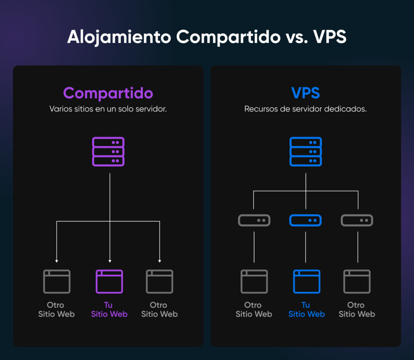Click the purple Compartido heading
pyautogui.click(x=108, y=93)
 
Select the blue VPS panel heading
pyautogui.click(x=305, y=93)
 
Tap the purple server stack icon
pyautogui.click(x=108, y=152)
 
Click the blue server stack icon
pyautogui.click(x=306, y=152)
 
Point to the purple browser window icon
pyautogui.click(x=109, y=282)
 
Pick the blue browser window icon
pyautogui.click(x=306, y=282)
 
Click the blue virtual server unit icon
pyautogui.click(x=306, y=220)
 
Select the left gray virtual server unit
pyautogui.click(x=254, y=220)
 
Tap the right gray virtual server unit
pyautogui.click(x=357, y=220)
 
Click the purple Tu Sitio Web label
pyautogui.click(x=109, y=309)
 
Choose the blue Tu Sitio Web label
pyautogui.click(x=306, y=309)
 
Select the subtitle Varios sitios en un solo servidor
pyautogui.click(x=108, y=109)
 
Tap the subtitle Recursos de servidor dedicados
pyautogui.click(x=305, y=109)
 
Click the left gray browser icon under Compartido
pyautogui.click(x=57, y=282)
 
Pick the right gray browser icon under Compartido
pyautogui.click(x=159, y=282)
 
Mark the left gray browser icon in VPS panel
pyautogui.click(x=254, y=282)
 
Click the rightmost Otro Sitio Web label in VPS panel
pyautogui.click(x=357, y=309)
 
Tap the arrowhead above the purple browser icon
pyautogui.click(x=110, y=261)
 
